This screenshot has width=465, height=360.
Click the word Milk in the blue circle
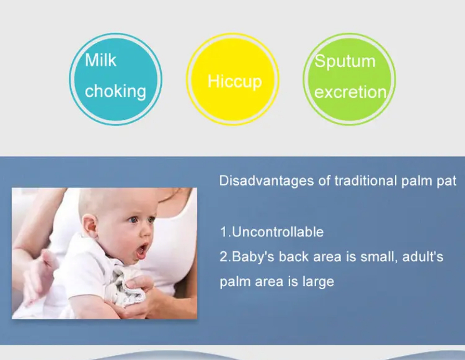101,60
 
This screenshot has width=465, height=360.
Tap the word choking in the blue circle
115,91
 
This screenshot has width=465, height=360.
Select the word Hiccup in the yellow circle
235,81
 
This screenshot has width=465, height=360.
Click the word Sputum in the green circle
345,62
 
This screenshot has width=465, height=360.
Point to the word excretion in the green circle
351,92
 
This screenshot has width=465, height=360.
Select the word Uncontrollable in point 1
278,232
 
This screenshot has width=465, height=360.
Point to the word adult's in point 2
422,257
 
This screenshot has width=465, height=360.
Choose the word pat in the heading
446,181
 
